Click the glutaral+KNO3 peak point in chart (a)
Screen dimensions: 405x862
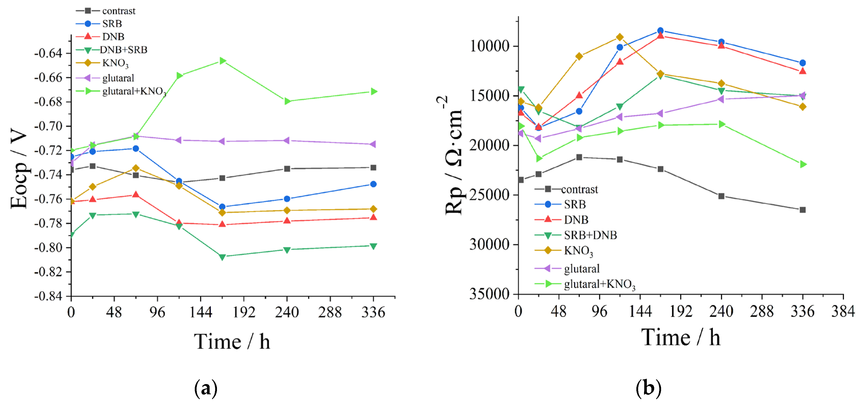pyautogui.click(x=223, y=61)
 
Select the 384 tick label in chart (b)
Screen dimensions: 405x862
pyautogui.click(x=843, y=312)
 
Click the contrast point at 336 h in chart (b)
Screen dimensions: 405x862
pyautogui.click(x=802, y=210)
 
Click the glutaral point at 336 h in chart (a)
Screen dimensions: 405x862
pyautogui.click(x=373, y=144)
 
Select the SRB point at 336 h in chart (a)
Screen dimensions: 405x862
pyautogui.click(x=373, y=184)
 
